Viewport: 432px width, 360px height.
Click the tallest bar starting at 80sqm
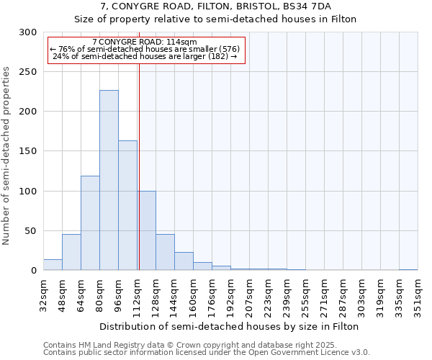(x=109, y=180)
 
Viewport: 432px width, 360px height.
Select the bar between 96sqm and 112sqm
(x=127, y=205)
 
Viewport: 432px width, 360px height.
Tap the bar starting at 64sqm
(x=90, y=223)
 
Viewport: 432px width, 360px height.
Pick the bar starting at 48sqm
(x=71, y=252)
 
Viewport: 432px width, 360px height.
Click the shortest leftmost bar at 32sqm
(x=53, y=265)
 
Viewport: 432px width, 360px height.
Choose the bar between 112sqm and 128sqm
(x=147, y=230)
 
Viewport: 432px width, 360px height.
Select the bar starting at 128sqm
(x=165, y=252)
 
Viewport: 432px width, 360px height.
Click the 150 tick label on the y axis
(x=27, y=151)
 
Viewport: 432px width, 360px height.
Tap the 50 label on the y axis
(x=30, y=231)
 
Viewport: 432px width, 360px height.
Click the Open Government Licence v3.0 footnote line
(x=207, y=353)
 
